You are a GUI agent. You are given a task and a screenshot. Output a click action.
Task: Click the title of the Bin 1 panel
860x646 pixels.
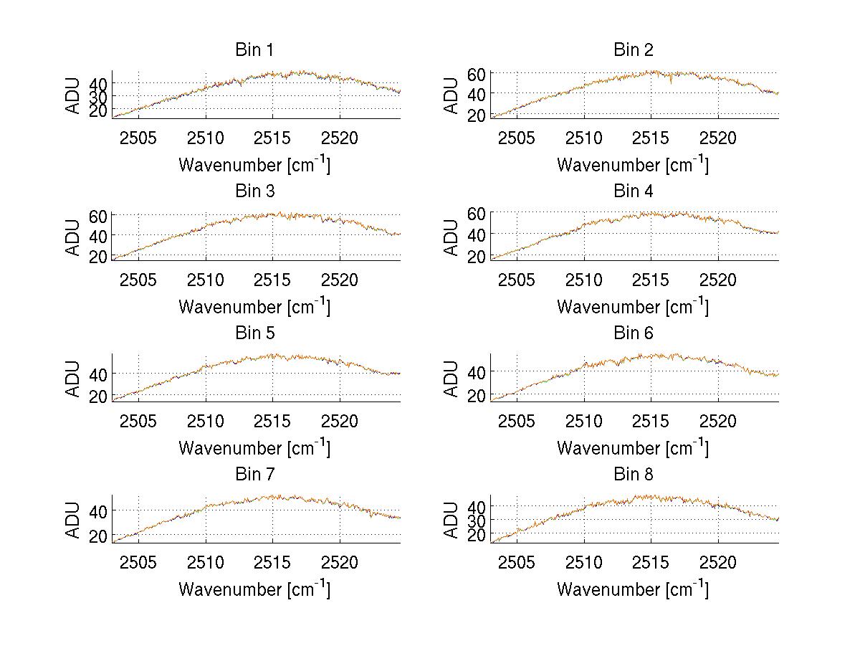(x=254, y=50)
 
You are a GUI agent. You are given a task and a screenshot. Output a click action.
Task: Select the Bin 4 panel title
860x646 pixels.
(x=634, y=191)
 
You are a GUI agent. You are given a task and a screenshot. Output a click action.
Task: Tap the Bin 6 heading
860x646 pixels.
(x=634, y=333)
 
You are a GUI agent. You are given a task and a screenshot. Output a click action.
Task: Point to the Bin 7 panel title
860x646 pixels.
(x=254, y=475)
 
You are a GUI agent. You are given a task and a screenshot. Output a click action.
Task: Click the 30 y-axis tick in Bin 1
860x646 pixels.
(x=99, y=96)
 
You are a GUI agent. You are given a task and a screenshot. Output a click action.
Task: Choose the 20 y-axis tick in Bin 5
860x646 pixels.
(x=99, y=396)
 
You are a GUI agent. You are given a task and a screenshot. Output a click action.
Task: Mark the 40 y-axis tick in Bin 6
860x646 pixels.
(x=477, y=371)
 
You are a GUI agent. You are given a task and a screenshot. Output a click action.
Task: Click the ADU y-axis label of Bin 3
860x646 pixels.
(x=73, y=237)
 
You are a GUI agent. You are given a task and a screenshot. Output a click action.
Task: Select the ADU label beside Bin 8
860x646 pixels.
(x=451, y=520)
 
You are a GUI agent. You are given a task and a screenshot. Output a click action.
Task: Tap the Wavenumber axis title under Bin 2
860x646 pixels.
(x=633, y=165)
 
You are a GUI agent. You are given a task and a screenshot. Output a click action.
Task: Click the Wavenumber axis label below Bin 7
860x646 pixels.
(x=254, y=589)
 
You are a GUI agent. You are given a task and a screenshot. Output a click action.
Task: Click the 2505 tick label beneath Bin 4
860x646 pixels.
(x=517, y=279)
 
